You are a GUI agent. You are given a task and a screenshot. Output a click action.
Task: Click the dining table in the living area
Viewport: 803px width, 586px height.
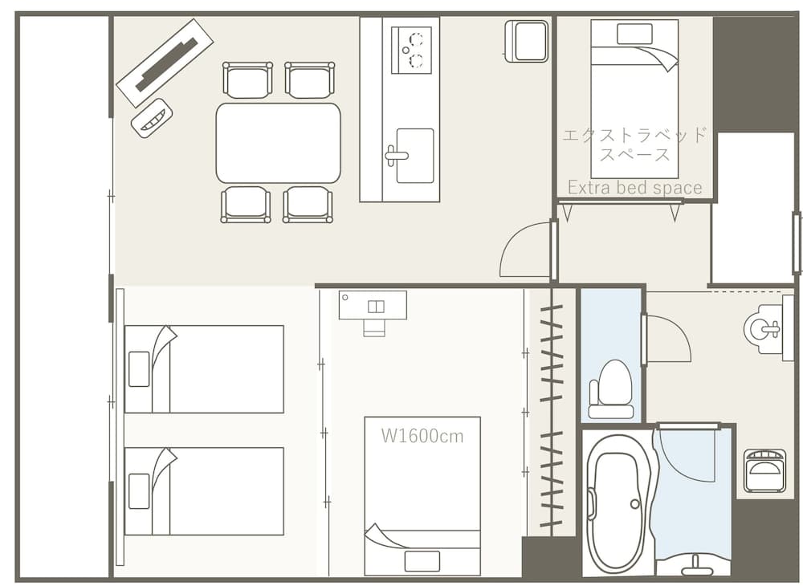pos(278,143)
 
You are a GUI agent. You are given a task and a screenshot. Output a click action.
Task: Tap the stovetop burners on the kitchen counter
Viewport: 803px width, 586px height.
pos(410,50)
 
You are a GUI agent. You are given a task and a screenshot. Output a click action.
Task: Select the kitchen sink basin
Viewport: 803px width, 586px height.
pos(414,155)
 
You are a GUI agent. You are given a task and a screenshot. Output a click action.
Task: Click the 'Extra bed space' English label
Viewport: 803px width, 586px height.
pos(634,188)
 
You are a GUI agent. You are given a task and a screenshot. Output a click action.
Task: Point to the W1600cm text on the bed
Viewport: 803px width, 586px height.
pos(422,436)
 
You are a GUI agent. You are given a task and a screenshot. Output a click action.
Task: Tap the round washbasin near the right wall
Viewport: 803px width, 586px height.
pos(764,327)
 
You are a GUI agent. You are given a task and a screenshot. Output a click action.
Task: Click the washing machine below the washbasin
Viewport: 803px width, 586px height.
pos(764,470)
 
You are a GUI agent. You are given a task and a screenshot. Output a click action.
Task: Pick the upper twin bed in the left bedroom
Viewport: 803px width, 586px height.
pos(204,368)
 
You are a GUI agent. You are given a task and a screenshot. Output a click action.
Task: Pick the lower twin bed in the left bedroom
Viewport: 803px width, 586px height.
pos(204,490)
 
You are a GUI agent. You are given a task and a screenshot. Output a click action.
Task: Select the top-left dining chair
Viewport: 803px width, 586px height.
pos(247,79)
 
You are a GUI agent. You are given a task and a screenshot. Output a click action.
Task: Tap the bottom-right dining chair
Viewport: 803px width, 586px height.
pos(308,204)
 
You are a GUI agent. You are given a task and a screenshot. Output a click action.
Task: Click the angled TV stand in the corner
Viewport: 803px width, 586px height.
pos(165,62)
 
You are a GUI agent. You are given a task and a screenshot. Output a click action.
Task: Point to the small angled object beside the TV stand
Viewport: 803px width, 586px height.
pos(152,118)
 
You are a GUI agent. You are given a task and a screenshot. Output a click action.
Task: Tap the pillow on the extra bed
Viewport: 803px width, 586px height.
pos(634,35)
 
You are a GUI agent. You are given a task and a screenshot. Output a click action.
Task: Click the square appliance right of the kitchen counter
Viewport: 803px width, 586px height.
pos(526,41)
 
